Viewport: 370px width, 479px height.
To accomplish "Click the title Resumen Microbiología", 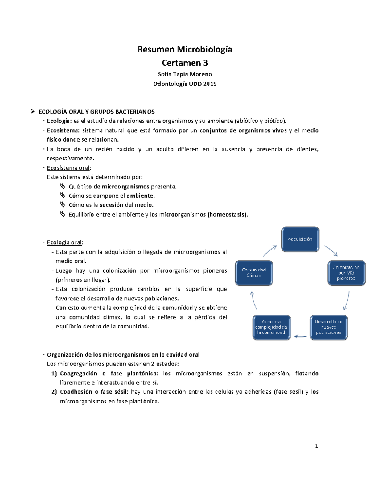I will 185,49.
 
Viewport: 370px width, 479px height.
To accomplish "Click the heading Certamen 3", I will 185,63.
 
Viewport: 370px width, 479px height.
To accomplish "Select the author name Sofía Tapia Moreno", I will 185,74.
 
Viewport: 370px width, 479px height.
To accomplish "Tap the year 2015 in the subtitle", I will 210,84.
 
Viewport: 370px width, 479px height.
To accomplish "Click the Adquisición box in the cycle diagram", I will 300,239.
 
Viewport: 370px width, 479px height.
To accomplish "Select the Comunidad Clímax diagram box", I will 254,273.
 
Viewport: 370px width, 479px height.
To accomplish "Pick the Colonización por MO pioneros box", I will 346,273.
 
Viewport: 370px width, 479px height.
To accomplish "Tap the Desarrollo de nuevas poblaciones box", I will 328,327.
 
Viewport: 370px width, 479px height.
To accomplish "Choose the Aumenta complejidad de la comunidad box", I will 271,327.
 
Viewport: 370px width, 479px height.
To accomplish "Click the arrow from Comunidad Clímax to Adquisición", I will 270,250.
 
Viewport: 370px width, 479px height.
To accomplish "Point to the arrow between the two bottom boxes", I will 300,336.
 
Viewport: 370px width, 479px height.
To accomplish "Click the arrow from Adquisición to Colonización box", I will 331,250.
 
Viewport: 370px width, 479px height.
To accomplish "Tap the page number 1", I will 316,446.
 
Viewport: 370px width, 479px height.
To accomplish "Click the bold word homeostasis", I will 228,214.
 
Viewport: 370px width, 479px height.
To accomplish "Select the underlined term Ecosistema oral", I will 68,168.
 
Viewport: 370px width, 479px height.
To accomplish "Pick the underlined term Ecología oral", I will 64,242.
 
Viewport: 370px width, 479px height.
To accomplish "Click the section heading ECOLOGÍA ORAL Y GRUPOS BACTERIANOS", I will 97,112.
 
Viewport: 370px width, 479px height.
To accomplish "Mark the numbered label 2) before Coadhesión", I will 54,392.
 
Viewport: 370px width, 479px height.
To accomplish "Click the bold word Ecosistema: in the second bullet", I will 63,130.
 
